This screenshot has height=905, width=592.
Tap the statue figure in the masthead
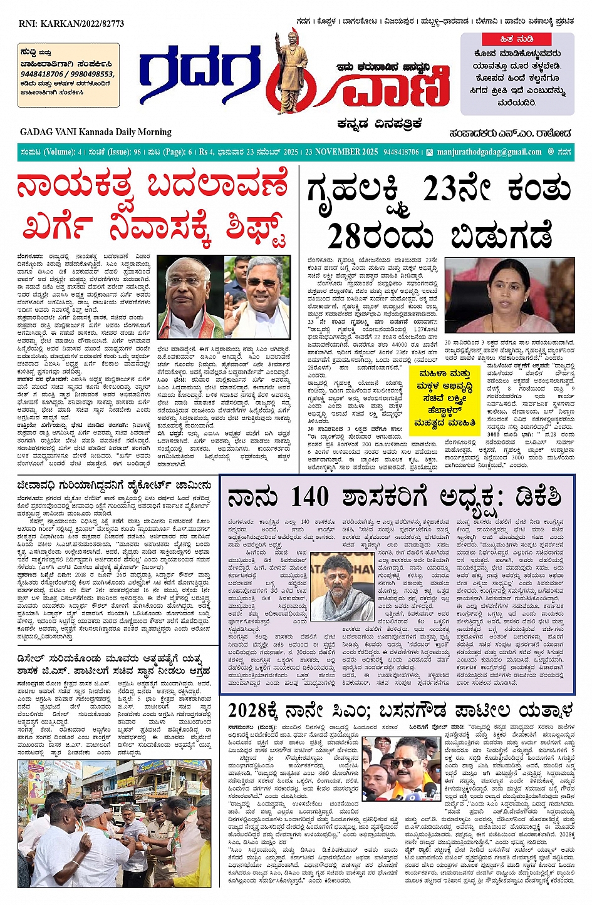288,72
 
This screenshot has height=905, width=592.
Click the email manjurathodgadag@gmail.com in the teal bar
489,152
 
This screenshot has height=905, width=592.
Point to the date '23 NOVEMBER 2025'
341,152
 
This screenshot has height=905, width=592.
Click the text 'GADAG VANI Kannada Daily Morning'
95,132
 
